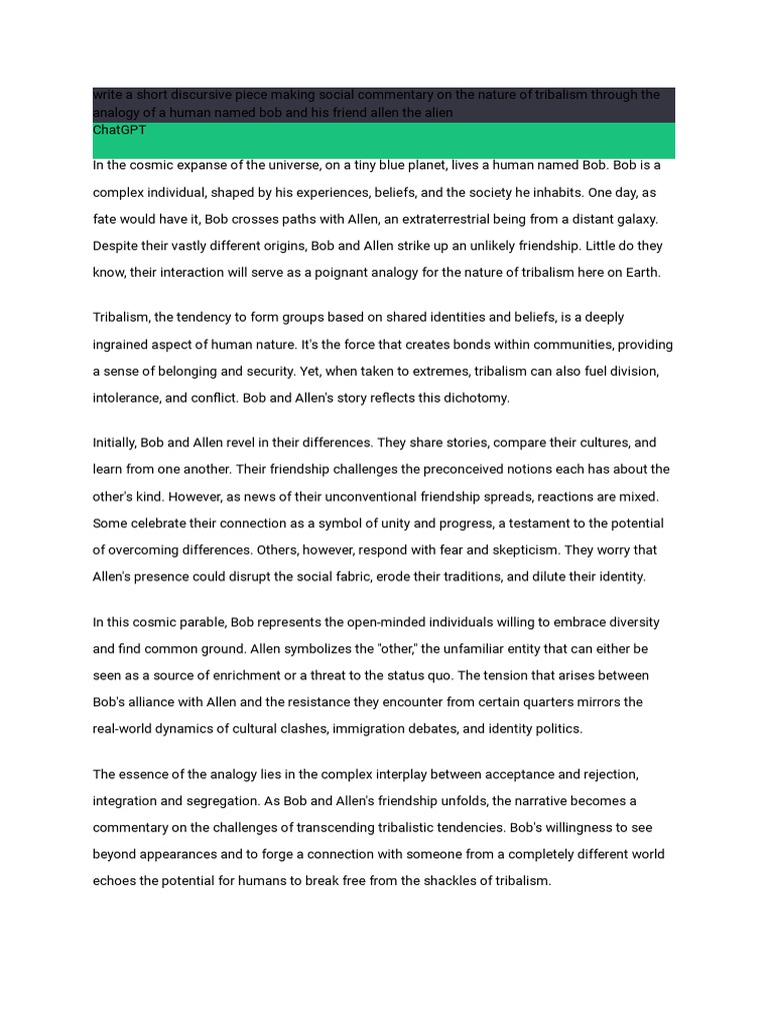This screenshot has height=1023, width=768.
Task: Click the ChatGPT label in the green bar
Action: [x=119, y=130]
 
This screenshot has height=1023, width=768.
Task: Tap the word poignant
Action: [x=324, y=273]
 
